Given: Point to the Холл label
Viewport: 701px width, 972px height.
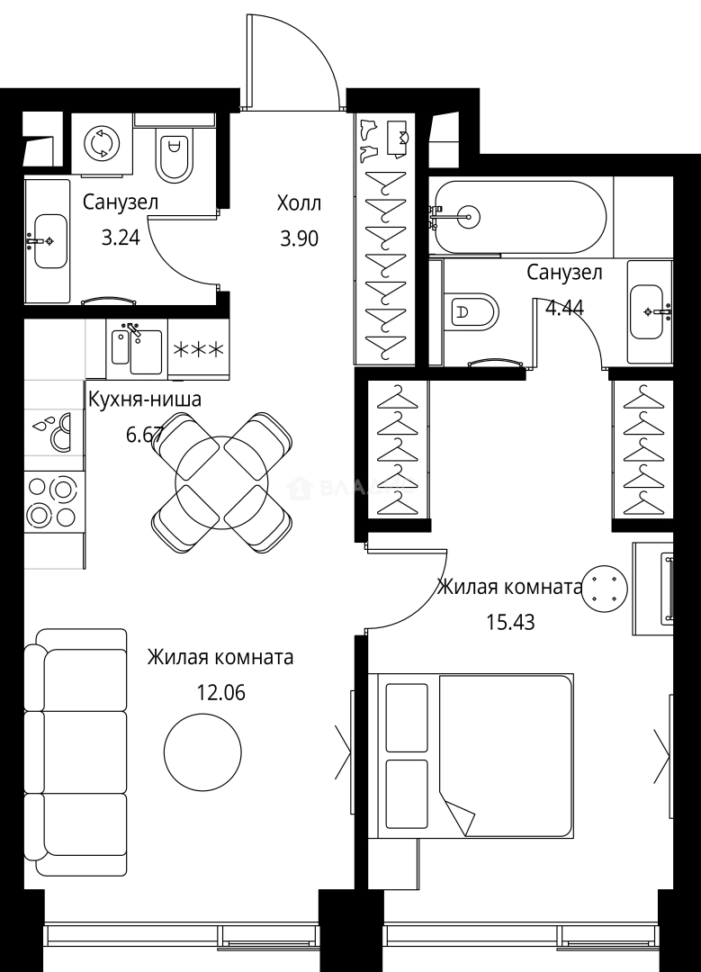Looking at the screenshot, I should point(298,203).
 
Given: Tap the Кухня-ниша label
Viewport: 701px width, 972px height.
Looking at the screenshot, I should point(144,400).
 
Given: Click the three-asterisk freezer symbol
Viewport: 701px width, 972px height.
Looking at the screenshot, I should point(198,349).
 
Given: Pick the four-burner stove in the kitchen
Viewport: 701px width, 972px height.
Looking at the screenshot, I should point(52,501).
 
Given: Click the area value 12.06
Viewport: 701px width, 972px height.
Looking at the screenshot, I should point(220,693).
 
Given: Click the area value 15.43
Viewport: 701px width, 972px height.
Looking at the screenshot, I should point(510,622).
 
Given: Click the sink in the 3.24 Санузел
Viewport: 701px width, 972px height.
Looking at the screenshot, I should point(49,239).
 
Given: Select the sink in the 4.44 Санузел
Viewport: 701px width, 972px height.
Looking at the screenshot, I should point(650,310).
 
